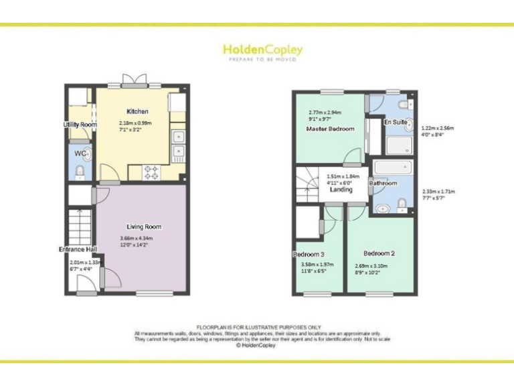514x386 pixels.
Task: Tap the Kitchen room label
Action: [137, 111]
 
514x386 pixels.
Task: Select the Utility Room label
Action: [80, 125]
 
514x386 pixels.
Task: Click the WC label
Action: [80, 153]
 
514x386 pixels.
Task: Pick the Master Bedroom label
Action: [330, 129]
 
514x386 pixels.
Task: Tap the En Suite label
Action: [395, 123]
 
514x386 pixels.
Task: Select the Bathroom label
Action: [383, 183]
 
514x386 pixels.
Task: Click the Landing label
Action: [341, 190]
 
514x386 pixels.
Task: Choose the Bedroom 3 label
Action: [309, 254]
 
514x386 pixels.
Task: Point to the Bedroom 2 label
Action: [379, 253]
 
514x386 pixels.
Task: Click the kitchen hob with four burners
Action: [152, 172]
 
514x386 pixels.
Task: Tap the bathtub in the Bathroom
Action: [394, 168]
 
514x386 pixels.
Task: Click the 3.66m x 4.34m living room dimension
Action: [137, 239]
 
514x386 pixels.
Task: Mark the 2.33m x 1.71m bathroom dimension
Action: [439, 192]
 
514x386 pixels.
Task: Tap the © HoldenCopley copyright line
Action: [257, 346]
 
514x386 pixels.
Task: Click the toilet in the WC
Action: [80, 173]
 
